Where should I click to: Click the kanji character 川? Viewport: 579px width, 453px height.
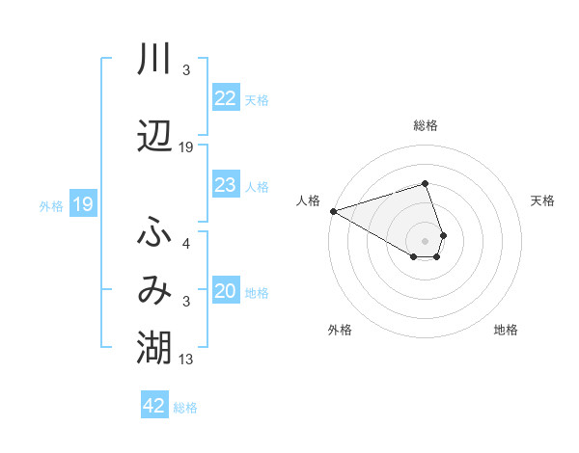(154, 60)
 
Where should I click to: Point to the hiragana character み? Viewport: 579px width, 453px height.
(154, 290)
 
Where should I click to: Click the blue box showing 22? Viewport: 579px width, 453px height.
(226, 98)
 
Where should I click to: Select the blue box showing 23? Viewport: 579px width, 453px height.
(226, 185)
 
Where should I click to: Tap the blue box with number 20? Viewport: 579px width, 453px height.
(226, 292)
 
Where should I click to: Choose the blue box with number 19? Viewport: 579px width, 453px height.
(82, 204)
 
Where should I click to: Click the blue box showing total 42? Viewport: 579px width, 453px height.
(154, 406)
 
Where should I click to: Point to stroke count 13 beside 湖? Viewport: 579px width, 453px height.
(186, 360)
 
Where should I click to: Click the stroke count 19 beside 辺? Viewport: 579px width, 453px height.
(186, 147)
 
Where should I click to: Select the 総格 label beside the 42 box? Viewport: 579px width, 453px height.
(185, 408)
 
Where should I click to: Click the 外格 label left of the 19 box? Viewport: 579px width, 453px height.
(51, 206)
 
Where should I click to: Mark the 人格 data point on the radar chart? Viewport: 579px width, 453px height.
(333, 211)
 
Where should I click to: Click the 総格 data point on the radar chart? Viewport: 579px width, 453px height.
(425, 183)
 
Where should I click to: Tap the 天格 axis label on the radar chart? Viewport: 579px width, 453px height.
(543, 200)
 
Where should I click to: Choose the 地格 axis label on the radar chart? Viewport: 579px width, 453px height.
(506, 330)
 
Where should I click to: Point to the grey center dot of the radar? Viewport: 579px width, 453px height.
(425, 240)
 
